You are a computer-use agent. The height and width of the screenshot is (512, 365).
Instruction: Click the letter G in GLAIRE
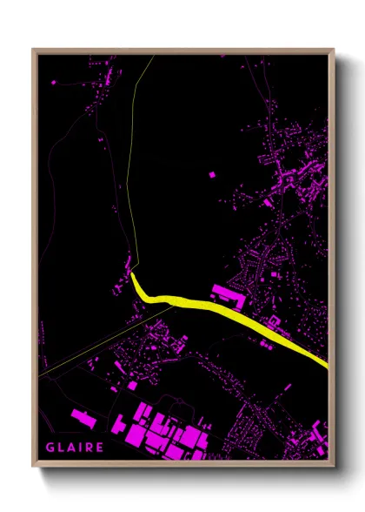coord(51,448)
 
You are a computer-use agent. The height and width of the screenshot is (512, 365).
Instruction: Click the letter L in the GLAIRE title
coord(61,448)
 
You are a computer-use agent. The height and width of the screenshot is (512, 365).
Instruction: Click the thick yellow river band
coord(226,309)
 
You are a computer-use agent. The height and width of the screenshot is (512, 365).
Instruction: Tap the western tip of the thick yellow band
coord(133,276)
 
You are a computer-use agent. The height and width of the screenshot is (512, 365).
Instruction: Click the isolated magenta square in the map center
coord(211,174)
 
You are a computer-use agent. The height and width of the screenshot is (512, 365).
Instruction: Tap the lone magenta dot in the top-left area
coord(55,82)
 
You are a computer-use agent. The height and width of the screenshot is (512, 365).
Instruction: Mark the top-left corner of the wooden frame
coord(33,50)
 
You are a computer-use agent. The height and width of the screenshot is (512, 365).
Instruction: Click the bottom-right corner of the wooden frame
coord(334,466)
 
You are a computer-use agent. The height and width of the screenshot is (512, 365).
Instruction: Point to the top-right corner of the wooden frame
coord(334,50)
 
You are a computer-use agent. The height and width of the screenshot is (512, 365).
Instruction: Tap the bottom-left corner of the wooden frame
coord(33,466)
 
